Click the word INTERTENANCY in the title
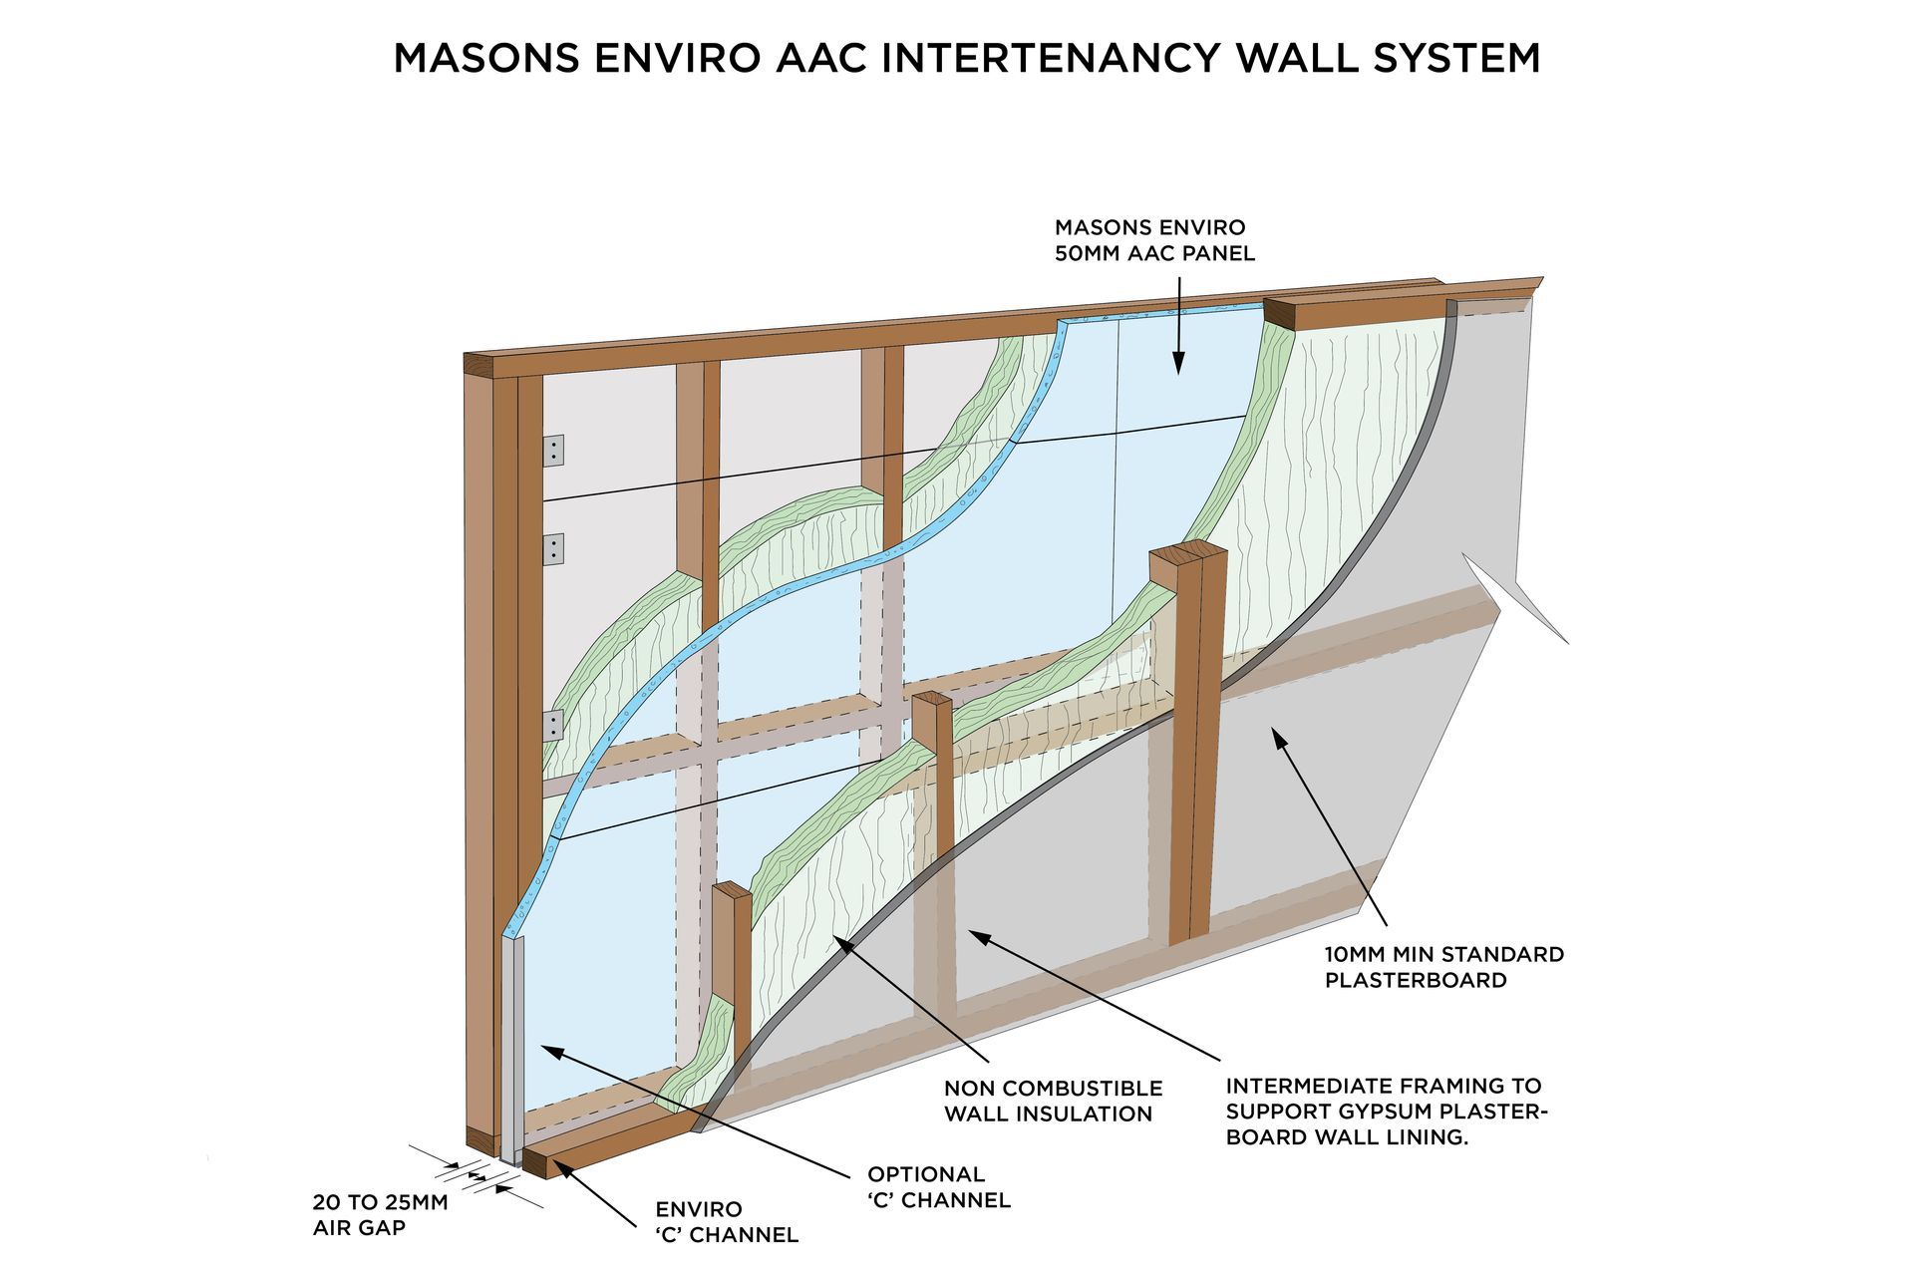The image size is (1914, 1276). coord(1050,58)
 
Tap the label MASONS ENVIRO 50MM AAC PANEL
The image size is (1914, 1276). coord(1154,240)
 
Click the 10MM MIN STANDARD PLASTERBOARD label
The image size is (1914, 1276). coord(1443,967)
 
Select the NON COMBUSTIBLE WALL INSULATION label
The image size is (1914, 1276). coord(1053,1101)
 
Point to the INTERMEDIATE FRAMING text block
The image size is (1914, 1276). coord(1385,1112)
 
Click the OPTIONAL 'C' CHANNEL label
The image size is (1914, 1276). coord(938,1187)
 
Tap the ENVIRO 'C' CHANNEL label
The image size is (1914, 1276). coord(727,1222)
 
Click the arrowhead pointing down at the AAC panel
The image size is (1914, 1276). coord(1177,366)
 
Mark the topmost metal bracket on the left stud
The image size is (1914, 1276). coord(553,450)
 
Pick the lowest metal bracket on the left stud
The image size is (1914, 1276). coord(553,725)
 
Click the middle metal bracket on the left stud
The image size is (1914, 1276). coord(553,549)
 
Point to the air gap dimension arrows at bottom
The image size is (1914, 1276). coord(478,1177)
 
